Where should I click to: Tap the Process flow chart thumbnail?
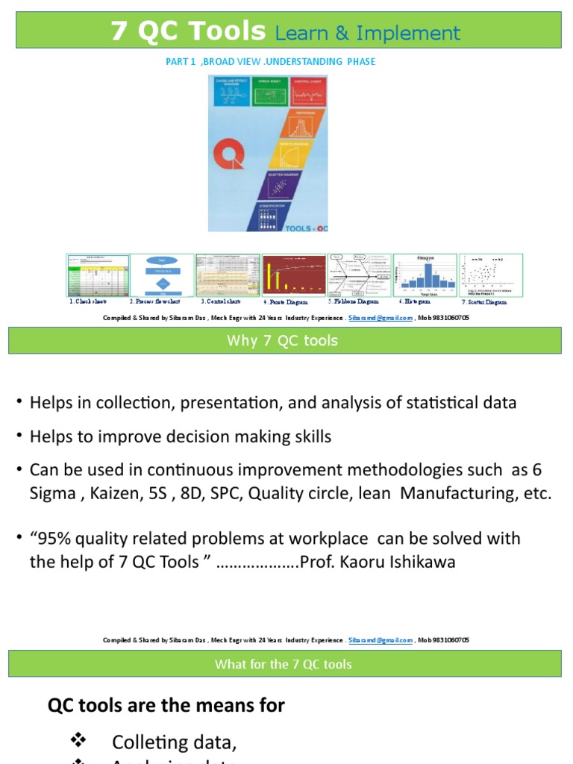click(163, 275)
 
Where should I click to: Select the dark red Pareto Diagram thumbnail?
click(294, 275)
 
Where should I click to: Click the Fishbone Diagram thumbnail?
click(360, 275)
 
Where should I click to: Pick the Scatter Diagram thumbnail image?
click(491, 275)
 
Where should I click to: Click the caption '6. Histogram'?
click(414, 302)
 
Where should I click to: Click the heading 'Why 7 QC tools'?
click(283, 341)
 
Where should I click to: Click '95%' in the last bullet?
click(55, 538)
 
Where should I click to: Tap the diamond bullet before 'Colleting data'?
click(78, 740)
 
